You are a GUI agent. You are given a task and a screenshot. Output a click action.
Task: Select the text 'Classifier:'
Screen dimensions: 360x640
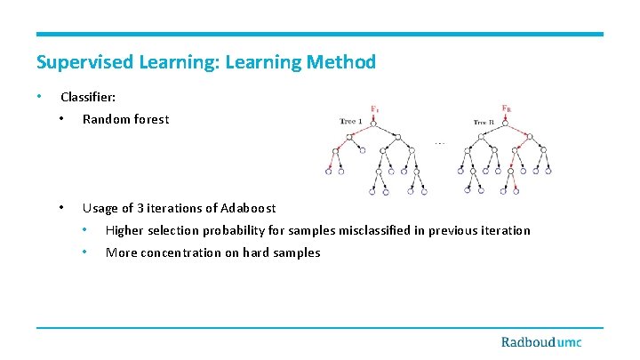coord(87,97)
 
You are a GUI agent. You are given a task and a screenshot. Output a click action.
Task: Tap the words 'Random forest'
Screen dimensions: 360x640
coord(125,119)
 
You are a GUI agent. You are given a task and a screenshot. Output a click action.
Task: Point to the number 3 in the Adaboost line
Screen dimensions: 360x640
coord(140,208)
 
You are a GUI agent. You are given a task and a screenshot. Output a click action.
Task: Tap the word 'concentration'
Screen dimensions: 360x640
coord(188,252)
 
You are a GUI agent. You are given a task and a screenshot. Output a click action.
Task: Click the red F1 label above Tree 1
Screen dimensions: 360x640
coord(374,109)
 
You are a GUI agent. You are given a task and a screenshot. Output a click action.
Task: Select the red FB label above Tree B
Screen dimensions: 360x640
coord(506,109)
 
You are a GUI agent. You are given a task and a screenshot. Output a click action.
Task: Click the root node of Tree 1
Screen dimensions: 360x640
coord(375,122)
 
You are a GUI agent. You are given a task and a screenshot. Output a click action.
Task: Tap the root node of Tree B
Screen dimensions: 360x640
coord(506,122)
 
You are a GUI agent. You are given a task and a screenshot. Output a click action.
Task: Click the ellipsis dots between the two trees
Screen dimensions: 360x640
coord(439,141)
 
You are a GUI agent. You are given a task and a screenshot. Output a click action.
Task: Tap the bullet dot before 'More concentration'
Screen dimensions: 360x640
coord(84,252)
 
